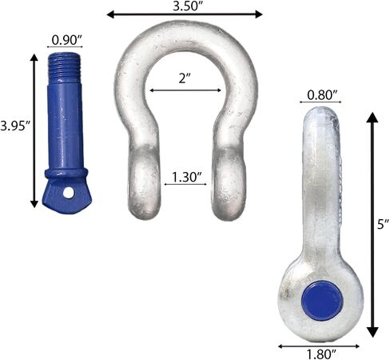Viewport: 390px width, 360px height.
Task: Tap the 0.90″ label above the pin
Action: point(66,40)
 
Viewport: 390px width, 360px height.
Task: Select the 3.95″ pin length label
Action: point(14,126)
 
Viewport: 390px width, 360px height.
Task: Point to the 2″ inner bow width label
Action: point(185,78)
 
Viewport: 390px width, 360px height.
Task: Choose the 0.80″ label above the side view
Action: point(322,95)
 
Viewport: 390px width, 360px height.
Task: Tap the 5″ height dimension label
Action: point(383,224)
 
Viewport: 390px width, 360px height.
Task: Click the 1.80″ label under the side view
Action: point(321,354)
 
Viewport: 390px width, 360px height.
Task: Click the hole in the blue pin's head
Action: point(69,193)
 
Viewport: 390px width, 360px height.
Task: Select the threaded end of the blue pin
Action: point(65,66)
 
